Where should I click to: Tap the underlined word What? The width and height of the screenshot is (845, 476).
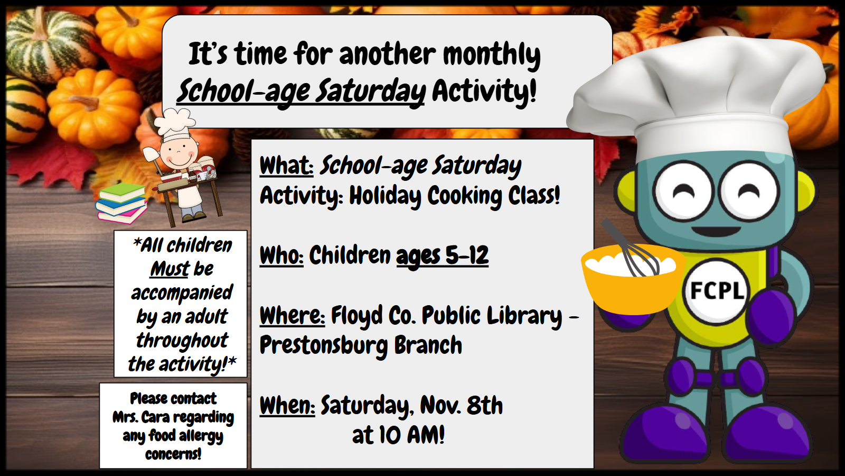286,166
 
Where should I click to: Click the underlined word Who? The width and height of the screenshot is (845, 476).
281,255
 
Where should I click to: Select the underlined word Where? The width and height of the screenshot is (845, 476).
292,315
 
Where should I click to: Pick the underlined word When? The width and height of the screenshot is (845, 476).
287,405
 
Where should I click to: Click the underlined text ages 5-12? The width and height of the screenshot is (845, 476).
442,256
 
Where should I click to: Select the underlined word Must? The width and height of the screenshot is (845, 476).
170,269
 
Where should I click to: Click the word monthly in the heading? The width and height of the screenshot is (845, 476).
492,56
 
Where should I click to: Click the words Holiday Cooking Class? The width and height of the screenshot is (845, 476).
455,195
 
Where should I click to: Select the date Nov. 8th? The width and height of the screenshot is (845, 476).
462,405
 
